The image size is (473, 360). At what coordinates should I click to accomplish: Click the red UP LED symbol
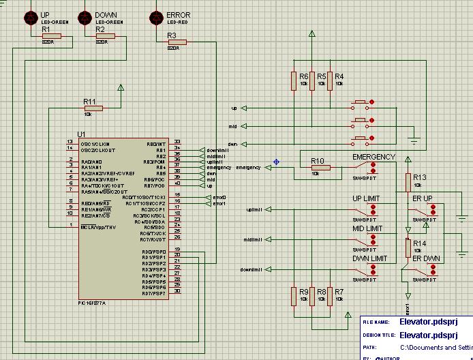31,16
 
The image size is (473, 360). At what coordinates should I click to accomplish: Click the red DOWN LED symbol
85,16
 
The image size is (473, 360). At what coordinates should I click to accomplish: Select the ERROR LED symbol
156,16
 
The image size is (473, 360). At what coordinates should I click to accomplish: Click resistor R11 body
93,108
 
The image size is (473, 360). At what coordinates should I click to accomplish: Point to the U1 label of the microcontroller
81,134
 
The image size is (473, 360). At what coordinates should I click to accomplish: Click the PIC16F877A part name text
92,302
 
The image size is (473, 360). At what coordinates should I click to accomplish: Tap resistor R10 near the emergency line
320,167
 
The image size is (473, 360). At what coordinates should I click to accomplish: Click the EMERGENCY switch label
373,157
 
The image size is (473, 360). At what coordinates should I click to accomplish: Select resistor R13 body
408,182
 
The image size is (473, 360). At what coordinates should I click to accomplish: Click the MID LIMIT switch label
367,229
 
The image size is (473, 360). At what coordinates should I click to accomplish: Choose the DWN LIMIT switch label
369,259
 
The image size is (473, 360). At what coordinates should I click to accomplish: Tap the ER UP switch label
423,199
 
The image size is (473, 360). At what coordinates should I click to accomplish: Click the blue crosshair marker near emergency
276,162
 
